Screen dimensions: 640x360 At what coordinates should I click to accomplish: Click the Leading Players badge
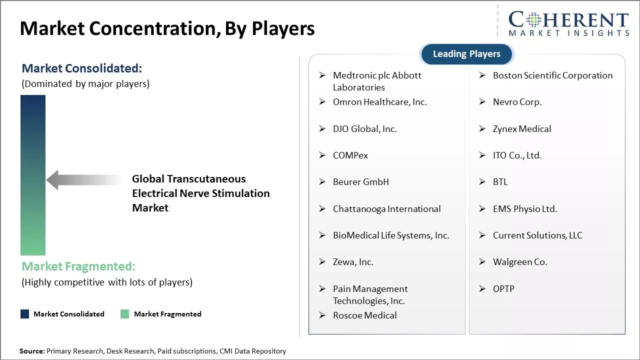467,54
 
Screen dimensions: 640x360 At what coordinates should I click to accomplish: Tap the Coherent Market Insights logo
568,23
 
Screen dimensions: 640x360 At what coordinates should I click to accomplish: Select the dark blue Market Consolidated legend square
25,314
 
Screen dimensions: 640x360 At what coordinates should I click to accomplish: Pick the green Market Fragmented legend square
125,314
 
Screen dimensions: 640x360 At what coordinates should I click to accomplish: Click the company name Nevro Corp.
517,102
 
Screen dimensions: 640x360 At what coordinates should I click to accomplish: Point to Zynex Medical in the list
522,129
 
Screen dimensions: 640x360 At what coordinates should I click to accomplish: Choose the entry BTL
500,182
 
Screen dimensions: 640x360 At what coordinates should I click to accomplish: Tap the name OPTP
503,289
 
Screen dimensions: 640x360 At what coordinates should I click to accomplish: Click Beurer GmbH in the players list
361,182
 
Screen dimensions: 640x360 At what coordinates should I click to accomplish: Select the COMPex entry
350,155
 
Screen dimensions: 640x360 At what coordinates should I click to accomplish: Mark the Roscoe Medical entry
365,315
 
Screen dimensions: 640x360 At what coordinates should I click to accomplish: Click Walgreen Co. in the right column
520,262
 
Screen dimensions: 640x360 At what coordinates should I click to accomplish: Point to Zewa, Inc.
353,262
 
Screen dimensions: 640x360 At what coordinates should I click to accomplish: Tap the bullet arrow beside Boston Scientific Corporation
482,75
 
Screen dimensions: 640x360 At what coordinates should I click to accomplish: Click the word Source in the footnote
31,351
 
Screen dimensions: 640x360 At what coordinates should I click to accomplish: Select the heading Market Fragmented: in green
78,266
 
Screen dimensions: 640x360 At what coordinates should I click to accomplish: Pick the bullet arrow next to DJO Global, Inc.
322,129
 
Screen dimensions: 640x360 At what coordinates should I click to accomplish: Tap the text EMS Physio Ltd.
525,209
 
